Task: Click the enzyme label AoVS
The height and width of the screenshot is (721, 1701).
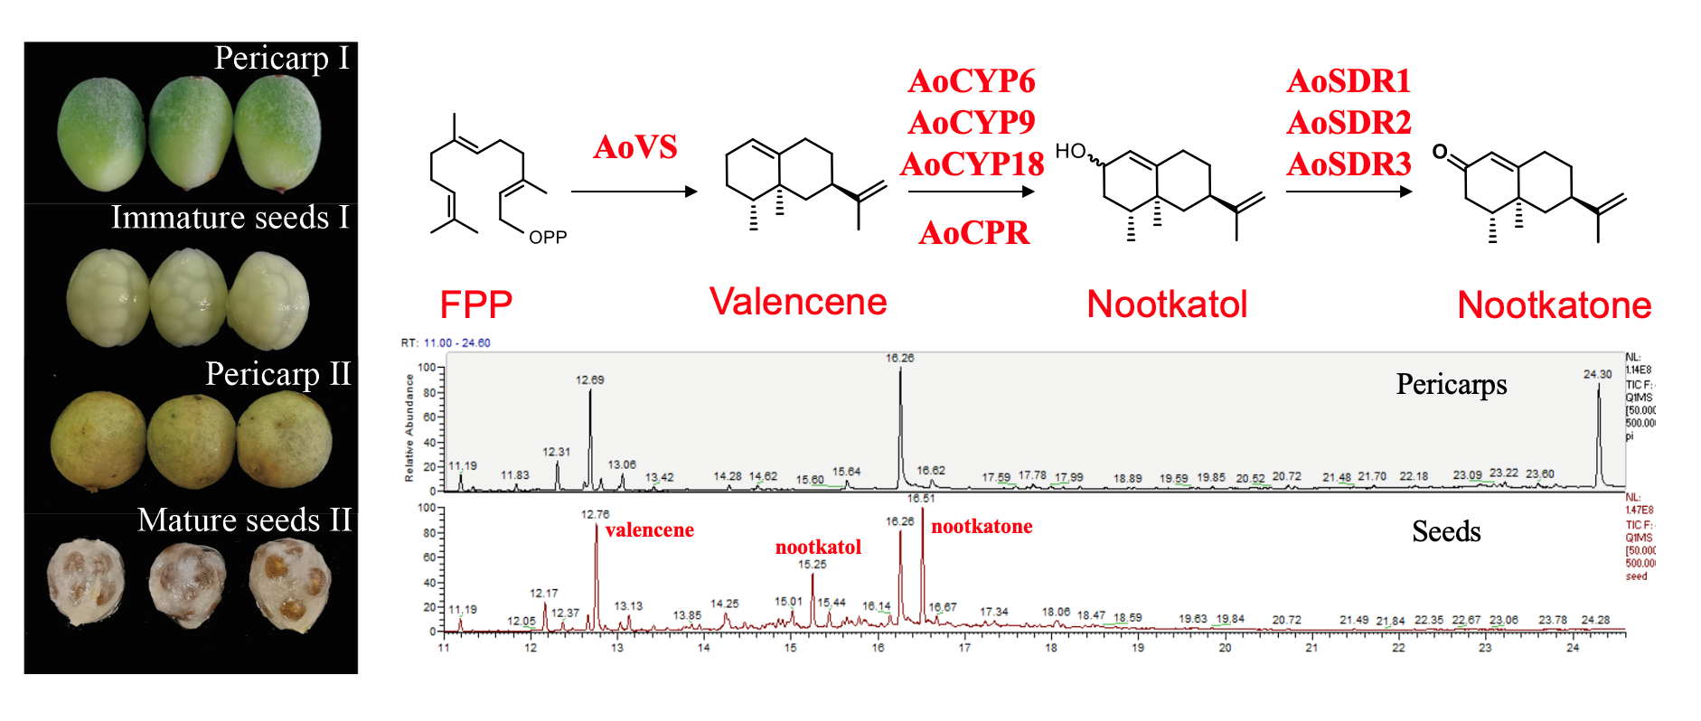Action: click(634, 146)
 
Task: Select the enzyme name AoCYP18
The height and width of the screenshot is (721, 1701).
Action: click(972, 164)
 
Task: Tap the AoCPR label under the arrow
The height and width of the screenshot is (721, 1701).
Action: click(973, 233)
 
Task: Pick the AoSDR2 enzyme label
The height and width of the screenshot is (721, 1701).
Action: click(1349, 122)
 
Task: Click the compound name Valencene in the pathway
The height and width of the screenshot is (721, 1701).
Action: click(798, 302)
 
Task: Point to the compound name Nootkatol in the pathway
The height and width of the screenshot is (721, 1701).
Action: click(1167, 304)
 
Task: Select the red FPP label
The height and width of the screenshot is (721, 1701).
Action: click(475, 304)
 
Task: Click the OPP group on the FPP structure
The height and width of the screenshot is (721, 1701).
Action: click(548, 238)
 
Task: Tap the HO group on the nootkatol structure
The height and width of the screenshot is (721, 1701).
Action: click(1070, 151)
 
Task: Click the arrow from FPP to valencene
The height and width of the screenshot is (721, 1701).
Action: click(634, 192)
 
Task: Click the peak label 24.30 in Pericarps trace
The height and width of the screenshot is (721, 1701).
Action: click(1597, 374)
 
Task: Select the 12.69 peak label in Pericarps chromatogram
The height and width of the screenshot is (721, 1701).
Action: click(589, 379)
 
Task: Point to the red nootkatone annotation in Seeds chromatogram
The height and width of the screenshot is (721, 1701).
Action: click(982, 527)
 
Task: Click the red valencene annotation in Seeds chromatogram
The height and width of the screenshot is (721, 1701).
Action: click(649, 530)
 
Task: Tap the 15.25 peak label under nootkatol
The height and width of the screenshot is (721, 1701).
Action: click(812, 565)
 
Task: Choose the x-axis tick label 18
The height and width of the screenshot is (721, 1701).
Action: click(1051, 648)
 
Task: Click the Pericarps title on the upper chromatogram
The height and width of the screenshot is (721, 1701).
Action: click(1451, 384)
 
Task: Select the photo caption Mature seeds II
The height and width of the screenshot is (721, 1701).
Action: click(244, 520)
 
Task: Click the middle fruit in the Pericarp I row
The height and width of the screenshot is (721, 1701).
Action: click(191, 134)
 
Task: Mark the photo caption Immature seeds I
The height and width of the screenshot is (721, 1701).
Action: click(230, 218)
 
